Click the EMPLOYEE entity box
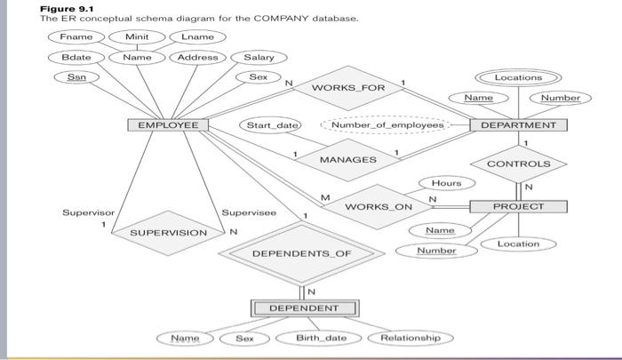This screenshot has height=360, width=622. tap(168, 125)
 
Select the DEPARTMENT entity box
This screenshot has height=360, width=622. tap(518, 125)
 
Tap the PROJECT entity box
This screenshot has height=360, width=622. tap(518, 206)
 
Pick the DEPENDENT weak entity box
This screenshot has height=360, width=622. tap(305, 308)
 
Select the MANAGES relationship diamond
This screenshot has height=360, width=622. tap(347, 160)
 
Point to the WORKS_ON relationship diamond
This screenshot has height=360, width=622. tap(379, 206)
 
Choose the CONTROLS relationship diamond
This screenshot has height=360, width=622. tap(519, 164)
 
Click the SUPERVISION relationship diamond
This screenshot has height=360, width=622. tap(168, 233)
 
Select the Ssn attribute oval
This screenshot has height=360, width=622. tap(76, 77)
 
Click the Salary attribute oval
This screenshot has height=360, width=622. tap(259, 58)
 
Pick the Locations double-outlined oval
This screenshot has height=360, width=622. tap(518, 78)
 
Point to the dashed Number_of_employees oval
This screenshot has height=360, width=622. tap(386, 125)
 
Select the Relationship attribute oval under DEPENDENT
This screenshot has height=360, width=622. tap(410, 338)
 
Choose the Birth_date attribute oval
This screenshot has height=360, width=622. tap(322, 338)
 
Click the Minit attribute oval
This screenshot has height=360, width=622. tap(137, 37)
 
